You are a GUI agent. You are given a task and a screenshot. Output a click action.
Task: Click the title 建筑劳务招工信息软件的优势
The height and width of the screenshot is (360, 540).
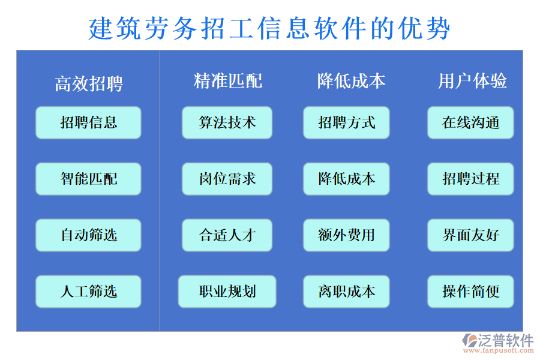[269, 28]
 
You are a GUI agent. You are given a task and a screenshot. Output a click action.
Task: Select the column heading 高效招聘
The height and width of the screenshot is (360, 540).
[89, 83]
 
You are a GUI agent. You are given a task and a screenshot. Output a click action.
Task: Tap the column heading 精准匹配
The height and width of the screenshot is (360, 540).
[227, 81]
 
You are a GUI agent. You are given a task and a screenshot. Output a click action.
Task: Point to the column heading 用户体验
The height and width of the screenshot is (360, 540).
[472, 81]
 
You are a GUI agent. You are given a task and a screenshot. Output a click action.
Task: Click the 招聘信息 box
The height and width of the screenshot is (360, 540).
[88, 122]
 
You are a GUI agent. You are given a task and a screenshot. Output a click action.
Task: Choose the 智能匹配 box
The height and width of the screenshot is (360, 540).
[88, 179]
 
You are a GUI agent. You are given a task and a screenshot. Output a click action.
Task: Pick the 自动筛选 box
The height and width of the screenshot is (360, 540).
[88, 235]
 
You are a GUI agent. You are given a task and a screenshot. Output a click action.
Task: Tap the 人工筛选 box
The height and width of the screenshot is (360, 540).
[88, 292]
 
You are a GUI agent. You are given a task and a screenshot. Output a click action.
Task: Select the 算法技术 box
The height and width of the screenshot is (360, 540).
[227, 122]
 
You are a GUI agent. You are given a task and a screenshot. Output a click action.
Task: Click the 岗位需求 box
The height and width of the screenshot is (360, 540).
[227, 179]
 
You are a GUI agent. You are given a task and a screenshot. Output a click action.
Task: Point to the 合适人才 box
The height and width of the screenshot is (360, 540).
[227, 235]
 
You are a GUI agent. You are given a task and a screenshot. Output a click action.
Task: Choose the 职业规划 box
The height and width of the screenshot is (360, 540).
[227, 292]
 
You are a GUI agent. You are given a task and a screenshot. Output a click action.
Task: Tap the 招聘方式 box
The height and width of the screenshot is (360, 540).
[346, 122]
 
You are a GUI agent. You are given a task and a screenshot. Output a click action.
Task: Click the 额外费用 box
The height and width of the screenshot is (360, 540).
[346, 235]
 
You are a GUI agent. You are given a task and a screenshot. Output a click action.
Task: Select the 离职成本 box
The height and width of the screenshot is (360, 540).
[346, 292]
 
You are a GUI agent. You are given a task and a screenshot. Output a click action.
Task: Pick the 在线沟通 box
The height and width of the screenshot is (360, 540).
[470, 122]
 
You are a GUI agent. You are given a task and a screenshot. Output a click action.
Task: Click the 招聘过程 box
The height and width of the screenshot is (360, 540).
[470, 179]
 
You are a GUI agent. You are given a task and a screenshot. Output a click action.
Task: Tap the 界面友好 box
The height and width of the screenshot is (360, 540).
[470, 235]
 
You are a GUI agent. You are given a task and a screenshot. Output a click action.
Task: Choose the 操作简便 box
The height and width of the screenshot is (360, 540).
[470, 292]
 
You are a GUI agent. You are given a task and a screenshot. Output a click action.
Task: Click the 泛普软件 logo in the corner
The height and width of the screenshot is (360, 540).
[497, 344]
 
